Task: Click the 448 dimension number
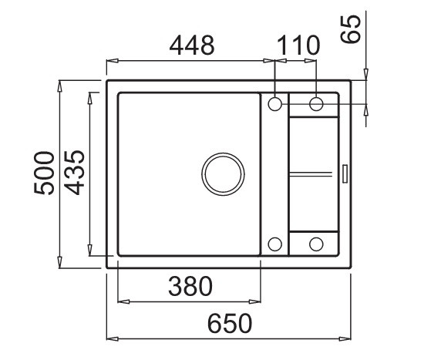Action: point(192,45)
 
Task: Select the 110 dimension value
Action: point(298,45)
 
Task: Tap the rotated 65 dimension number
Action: point(351,29)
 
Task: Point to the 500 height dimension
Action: point(44,173)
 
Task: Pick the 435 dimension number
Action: point(74,173)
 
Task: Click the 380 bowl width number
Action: point(190,286)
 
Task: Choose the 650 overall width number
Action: point(230,324)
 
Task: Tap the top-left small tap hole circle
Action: point(274,104)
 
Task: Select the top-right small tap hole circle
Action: point(316,104)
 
